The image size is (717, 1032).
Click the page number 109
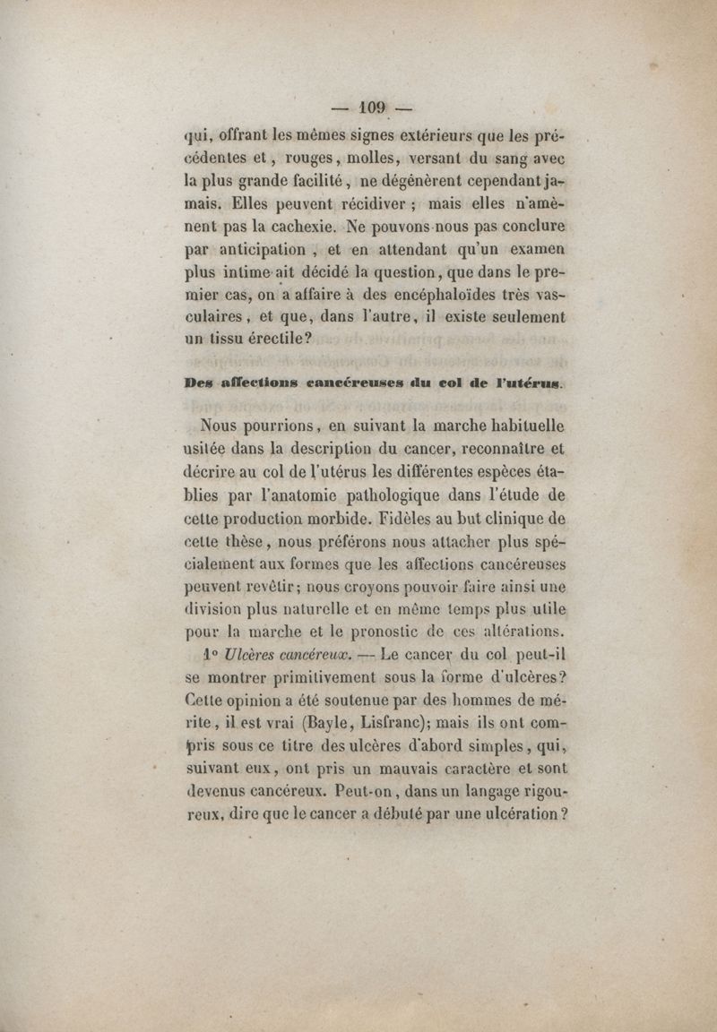[x=371, y=108]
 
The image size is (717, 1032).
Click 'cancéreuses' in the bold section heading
[x=354, y=383]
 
